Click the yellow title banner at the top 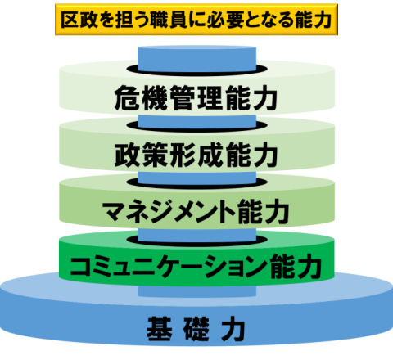tap(196, 20)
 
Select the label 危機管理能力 tap(196, 97)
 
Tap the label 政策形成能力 tap(196, 155)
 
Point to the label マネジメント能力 tap(196, 211)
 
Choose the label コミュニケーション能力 tap(196, 266)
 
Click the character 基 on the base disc tap(160, 329)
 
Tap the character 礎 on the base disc tap(196, 329)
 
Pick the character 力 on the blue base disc tap(233, 329)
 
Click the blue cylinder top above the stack tap(196, 58)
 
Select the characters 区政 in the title tap(79, 20)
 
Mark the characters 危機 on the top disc tap(141, 97)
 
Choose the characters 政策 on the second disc tap(142, 155)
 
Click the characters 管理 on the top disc tap(196, 97)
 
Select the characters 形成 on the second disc tap(196, 155)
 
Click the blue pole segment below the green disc tap(196, 290)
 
